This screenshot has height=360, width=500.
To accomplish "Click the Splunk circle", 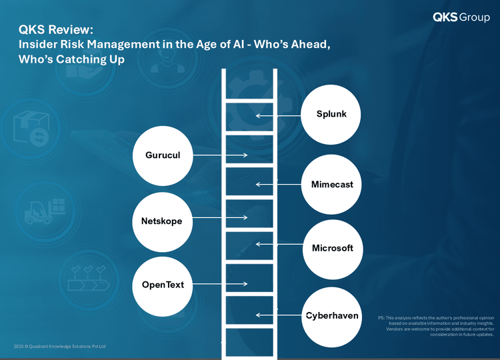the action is click(x=331, y=115).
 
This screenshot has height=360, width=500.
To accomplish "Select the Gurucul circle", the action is click(x=163, y=155).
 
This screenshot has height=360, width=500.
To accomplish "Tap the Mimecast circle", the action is click(x=331, y=184).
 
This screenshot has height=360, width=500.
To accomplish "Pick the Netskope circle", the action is click(x=162, y=222).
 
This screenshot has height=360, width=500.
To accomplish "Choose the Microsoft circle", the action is click(x=333, y=249).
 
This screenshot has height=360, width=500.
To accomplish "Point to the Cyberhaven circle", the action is click(x=331, y=317).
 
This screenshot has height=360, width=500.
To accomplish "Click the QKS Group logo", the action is click(x=461, y=17).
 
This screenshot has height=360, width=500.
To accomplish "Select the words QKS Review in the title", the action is click(x=56, y=29).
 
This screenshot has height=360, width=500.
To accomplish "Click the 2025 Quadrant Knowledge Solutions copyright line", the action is click(x=59, y=346).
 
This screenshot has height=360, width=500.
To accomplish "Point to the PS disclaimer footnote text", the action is click(x=436, y=326).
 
